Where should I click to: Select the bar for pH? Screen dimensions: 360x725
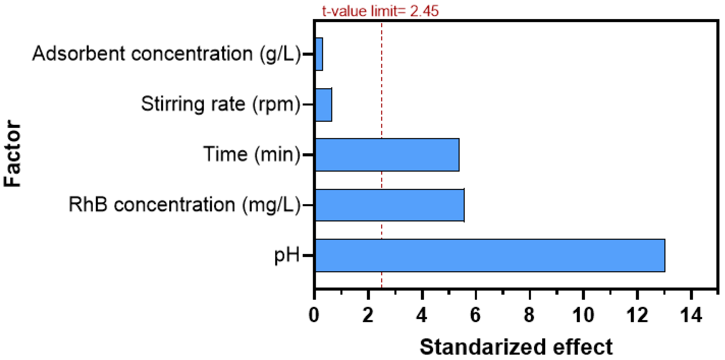click(x=490, y=256)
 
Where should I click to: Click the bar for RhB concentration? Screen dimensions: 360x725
click(x=390, y=205)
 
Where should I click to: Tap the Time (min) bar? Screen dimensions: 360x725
click(x=387, y=155)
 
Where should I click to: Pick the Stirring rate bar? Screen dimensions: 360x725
click(x=324, y=105)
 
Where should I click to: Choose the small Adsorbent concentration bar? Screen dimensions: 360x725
click(x=319, y=54)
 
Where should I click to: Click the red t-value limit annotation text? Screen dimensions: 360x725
click(x=380, y=11)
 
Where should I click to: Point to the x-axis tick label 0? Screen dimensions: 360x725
click(x=314, y=315)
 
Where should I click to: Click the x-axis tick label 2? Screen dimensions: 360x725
click(x=368, y=315)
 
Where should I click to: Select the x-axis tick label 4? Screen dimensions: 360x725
click(x=422, y=315)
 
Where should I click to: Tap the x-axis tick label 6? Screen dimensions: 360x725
click(x=475, y=315)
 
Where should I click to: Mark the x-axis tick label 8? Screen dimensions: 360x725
click(x=529, y=315)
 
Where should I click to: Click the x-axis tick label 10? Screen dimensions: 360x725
click(x=583, y=315)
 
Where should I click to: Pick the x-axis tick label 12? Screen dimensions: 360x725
click(x=637, y=315)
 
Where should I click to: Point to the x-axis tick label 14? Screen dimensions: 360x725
click(x=691, y=315)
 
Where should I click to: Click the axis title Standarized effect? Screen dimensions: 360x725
click(x=516, y=347)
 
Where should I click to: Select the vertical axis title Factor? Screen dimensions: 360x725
click(x=12, y=154)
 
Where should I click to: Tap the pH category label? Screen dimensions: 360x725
click(x=287, y=256)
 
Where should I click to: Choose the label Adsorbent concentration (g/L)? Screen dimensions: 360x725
click(x=167, y=54)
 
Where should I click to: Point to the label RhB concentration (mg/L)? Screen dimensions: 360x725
click(x=185, y=205)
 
